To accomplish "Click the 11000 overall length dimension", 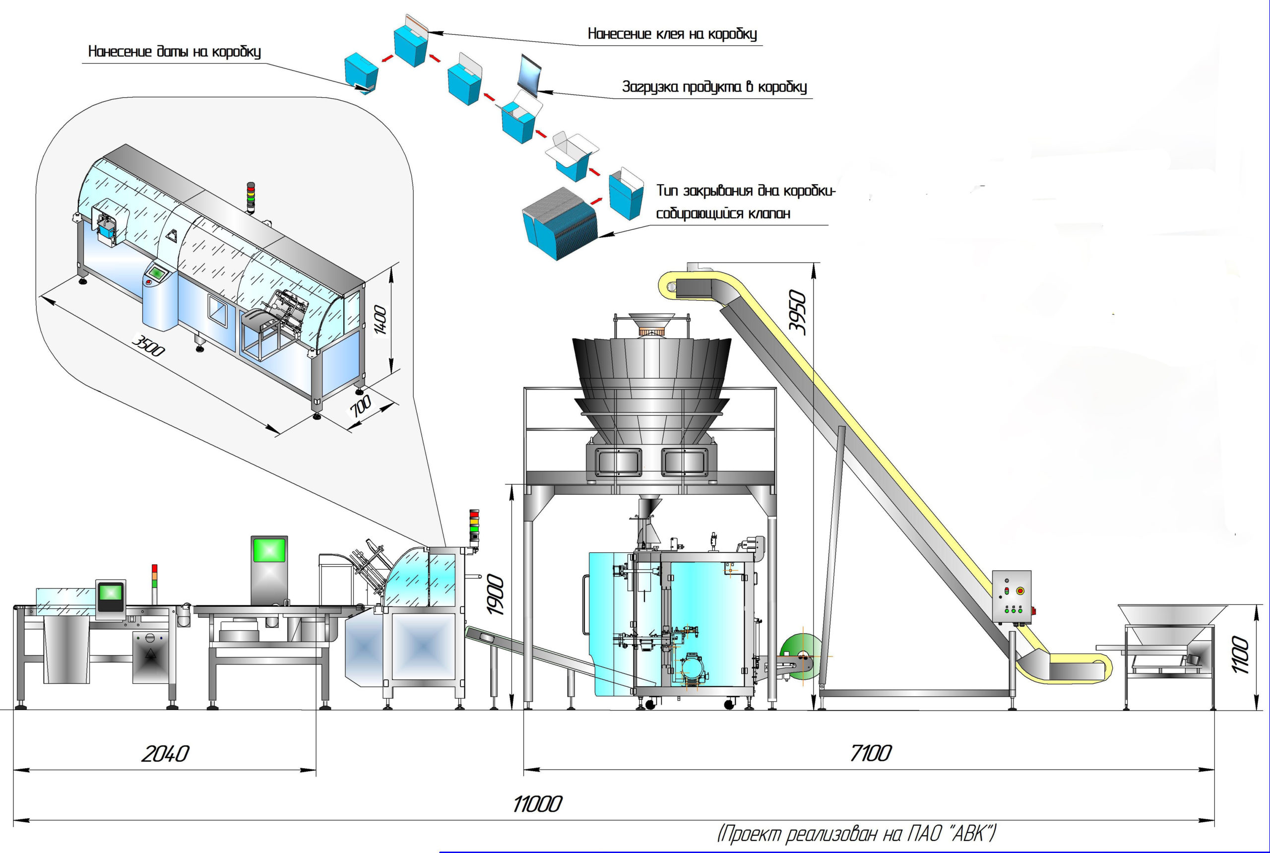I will [537, 803].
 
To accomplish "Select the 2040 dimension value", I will [165, 754].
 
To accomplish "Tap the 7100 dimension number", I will [870, 753].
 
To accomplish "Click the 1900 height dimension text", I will [495, 595].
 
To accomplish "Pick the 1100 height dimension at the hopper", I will [1240, 655].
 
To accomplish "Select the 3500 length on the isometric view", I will [148, 346].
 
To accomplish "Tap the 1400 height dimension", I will [380, 321].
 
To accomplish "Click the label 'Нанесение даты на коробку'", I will [175, 52].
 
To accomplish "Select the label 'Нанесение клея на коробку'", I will [672, 34].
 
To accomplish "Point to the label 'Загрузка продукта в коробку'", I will [714, 86].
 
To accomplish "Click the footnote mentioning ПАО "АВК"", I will [856, 833].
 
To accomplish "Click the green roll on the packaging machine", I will [800, 655].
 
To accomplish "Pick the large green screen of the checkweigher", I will [269, 549].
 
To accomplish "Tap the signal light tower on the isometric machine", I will [251, 197].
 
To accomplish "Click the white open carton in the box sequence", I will [571, 152].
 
